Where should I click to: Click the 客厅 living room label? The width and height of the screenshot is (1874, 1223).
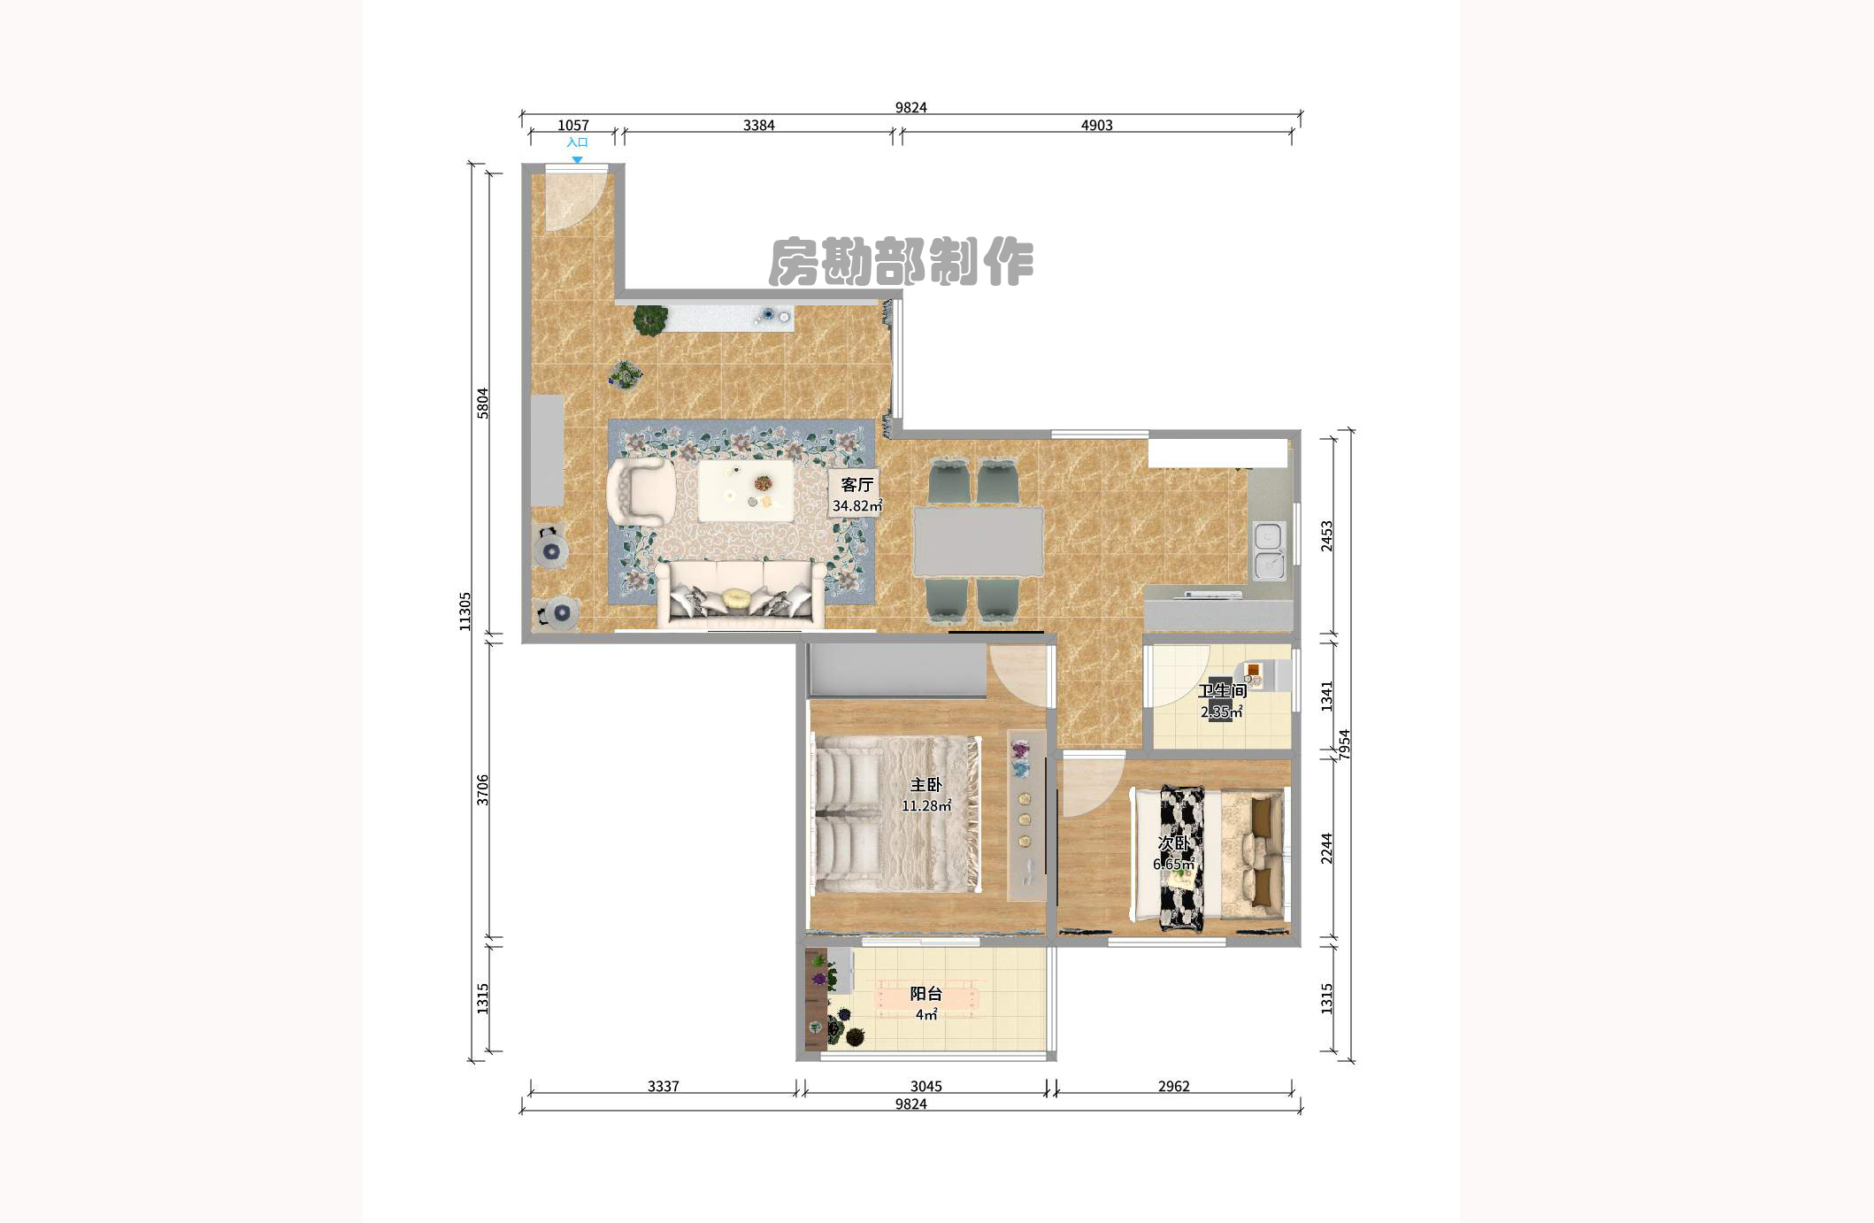coord(856,484)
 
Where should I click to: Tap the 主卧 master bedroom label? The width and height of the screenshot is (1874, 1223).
coord(926,785)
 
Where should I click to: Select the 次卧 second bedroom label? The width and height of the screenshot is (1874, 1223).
coord(1174,843)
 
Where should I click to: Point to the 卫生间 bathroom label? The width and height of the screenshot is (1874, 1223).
coord(1222,690)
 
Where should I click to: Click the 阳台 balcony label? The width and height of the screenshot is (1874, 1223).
coord(926,994)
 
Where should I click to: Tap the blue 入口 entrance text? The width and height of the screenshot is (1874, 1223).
coord(577,142)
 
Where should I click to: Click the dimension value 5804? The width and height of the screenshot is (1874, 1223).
coord(482,403)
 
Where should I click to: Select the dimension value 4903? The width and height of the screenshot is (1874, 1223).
coord(1096,126)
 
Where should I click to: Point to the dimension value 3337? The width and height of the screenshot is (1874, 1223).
coord(663,1086)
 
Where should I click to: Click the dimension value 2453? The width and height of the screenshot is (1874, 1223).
coord(1326,535)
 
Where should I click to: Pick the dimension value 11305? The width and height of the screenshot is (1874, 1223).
coord(465,611)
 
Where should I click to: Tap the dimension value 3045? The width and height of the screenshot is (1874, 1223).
coord(925,1086)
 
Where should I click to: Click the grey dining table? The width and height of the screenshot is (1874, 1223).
coord(978,541)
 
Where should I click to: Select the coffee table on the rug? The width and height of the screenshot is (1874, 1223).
coord(745,490)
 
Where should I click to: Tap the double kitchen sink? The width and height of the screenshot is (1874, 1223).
coord(1269,550)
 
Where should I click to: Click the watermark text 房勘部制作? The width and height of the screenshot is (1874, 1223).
coord(901,262)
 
